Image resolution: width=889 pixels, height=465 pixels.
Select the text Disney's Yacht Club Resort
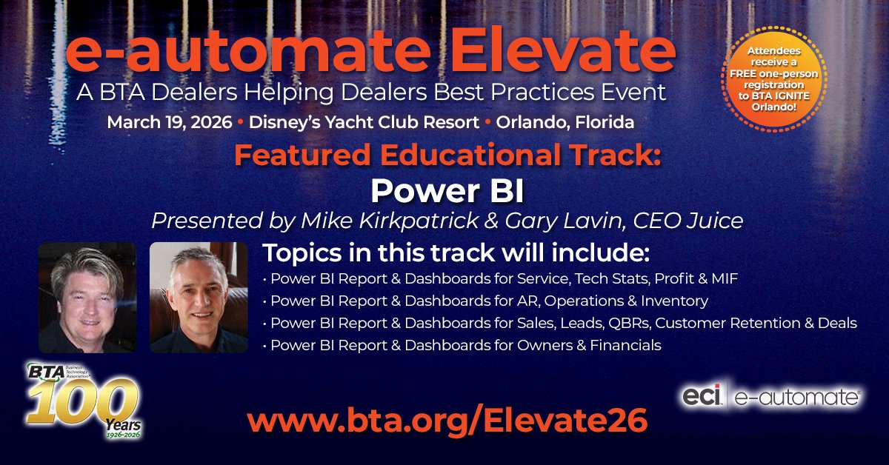pyautogui.click(x=364, y=121)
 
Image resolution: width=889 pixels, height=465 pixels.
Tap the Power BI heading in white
pyautogui.click(x=447, y=190)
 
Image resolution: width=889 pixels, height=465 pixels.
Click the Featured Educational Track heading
pyautogui.click(x=447, y=156)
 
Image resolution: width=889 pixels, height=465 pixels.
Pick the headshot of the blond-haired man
pyautogui.click(x=87, y=297)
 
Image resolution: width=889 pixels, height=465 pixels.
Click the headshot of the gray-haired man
pyautogui.click(x=199, y=297)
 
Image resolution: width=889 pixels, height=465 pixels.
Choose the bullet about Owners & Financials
pyautogui.click(x=462, y=346)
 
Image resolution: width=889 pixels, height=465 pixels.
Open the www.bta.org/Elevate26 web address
pyautogui.click(x=447, y=419)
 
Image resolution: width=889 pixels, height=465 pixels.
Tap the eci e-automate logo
pyautogui.click(x=771, y=398)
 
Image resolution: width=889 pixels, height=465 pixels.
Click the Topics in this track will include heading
pyautogui.click(x=456, y=254)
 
